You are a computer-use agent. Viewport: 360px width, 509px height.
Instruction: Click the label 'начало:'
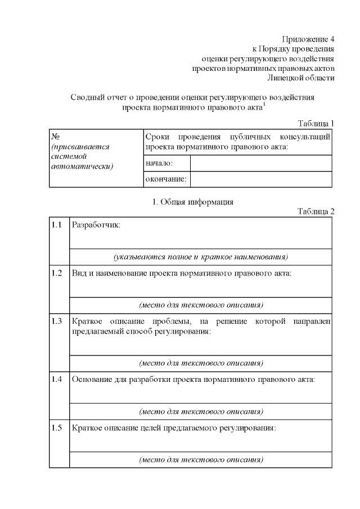click(x=159, y=163)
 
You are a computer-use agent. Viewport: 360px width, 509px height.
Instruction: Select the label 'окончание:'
click(x=166, y=179)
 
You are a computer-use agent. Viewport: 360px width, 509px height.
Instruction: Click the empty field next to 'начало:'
click(x=261, y=163)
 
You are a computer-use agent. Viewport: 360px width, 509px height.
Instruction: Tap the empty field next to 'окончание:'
click(x=261, y=179)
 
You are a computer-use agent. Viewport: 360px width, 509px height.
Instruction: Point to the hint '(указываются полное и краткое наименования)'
click(x=201, y=257)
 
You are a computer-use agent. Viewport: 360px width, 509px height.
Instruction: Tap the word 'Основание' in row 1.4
click(x=92, y=379)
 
